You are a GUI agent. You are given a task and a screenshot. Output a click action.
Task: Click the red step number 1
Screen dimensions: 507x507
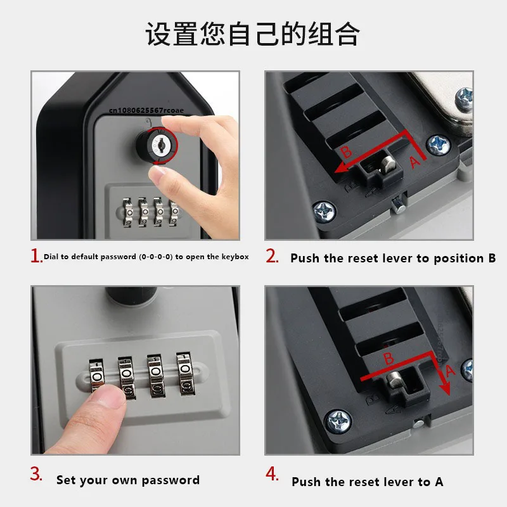pos(36,255)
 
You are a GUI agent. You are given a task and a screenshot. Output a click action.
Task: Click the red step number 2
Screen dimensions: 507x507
pos(272,257)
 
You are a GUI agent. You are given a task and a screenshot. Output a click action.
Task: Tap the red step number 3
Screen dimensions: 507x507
pos(36,475)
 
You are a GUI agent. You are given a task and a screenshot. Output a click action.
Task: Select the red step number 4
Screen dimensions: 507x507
pos(272,475)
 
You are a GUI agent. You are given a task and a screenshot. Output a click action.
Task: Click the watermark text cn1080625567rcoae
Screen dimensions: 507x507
pos(146,110)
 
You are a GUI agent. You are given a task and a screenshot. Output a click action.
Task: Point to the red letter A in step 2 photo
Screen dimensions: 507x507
pos(414,162)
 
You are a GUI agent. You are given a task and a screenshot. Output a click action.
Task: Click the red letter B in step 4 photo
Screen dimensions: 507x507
pos(388,359)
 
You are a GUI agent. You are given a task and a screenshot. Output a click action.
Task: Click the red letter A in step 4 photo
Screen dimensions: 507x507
pos(450,371)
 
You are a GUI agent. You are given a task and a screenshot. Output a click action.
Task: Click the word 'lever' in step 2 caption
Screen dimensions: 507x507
pos(399,258)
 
